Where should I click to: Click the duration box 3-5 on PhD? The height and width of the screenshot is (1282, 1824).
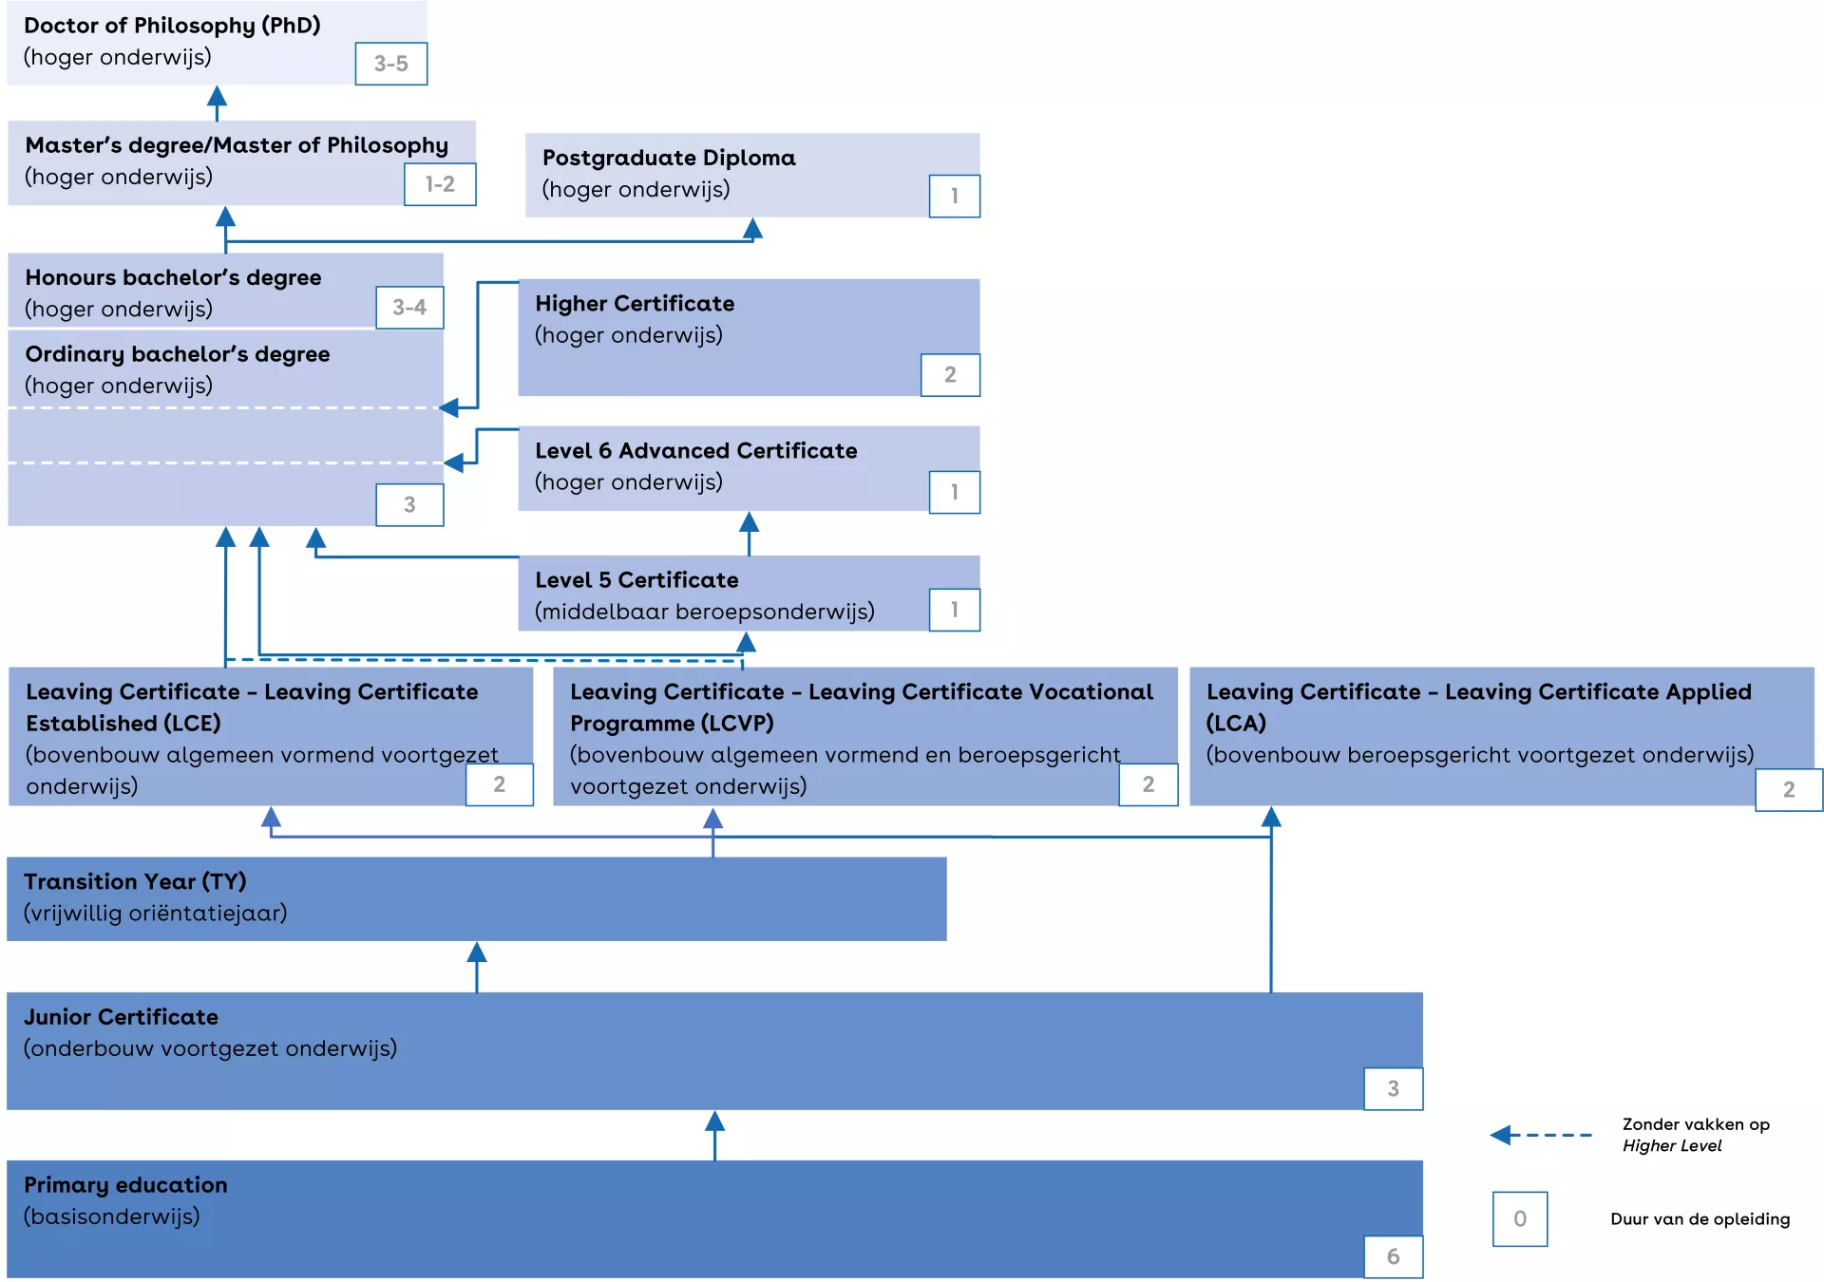pos(390,64)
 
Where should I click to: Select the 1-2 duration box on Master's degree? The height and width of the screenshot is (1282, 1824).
pos(439,184)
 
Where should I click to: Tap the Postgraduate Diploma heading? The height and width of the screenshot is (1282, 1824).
pos(668,158)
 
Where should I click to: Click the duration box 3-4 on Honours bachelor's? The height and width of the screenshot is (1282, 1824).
pos(409,308)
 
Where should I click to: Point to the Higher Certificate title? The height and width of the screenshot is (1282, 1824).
pos(634,304)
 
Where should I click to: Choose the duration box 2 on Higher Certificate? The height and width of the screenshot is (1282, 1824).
pos(950,375)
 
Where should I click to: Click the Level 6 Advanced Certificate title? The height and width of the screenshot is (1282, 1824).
pos(695,451)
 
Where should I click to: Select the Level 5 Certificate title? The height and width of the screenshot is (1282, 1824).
pos(636,580)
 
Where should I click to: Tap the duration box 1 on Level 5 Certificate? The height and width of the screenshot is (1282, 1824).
pos(954,610)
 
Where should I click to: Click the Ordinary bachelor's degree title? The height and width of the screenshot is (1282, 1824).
pos(177,354)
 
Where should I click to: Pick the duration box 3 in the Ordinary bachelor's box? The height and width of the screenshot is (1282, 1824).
pos(409,505)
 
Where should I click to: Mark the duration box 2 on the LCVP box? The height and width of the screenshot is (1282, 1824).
pos(1148,784)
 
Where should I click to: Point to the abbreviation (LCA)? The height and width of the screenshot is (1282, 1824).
pos(1235,724)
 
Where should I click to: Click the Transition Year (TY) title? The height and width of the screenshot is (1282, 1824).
pos(135,882)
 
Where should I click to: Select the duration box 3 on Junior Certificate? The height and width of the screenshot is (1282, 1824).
pos(1393,1089)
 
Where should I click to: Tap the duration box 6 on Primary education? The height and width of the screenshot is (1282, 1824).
pos(1393,1257)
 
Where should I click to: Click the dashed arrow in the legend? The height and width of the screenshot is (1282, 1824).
pos(1541,1135)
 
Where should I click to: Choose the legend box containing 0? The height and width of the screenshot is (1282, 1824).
pos(1519,1219)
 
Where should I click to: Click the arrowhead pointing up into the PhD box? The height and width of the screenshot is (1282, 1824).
pos(217,97)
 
